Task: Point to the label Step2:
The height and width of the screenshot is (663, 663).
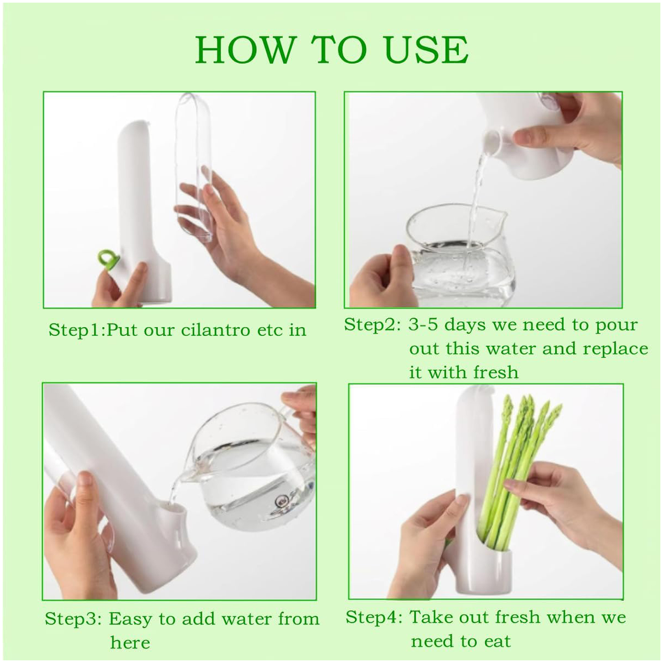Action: coord(372,325)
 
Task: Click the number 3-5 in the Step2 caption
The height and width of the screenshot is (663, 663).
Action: coord(423,325)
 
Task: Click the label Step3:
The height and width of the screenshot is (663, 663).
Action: coord(73,619)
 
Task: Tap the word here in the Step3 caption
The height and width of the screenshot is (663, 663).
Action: coord(130,643)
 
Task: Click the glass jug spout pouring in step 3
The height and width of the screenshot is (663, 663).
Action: coord(186,477)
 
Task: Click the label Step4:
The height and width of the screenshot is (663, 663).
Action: coord(374,617)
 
